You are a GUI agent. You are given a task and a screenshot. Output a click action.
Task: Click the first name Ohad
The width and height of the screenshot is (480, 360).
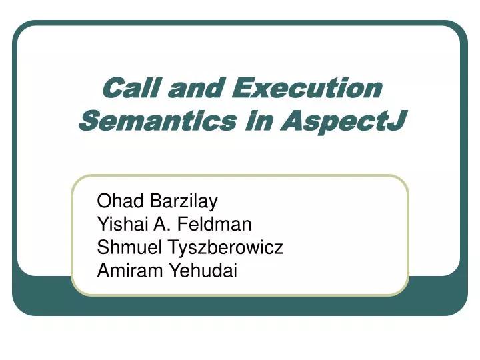[x=114, y=201]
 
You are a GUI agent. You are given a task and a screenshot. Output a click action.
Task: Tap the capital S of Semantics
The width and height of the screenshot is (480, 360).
[x=87, y=121]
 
